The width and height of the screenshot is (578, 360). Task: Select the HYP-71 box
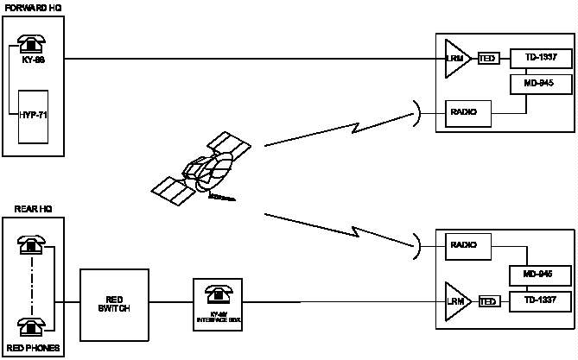pos(34,115)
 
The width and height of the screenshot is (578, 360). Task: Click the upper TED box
pos(488,58)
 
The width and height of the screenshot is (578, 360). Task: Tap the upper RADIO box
pos(468,112)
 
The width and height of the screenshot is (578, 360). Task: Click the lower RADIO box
pos(467,244)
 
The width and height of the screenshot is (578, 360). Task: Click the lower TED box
pos(488,301)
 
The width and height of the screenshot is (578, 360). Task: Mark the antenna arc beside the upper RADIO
pos(417,112)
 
